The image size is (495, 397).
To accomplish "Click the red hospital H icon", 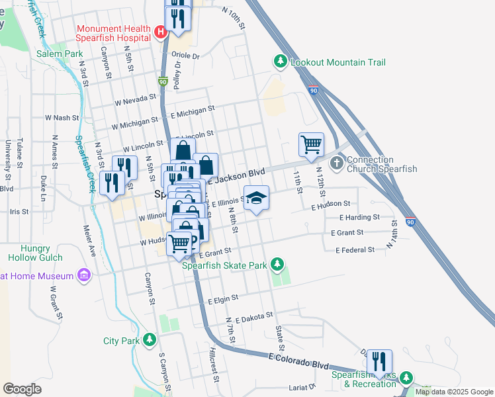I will point(159,32).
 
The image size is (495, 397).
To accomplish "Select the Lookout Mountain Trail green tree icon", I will point(281,62).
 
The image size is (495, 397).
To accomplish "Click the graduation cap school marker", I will point(256,198).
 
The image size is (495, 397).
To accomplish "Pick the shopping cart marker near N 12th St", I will point(311,144).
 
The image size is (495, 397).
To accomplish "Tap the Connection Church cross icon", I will point(336,163).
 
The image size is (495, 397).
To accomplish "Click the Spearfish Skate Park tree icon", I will point(278,265).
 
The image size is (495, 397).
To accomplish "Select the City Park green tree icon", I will point(150,341).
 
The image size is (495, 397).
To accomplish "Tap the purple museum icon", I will point(83,275).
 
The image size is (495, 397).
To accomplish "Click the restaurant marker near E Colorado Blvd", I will point(379,361).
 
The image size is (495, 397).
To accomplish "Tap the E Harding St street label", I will point(359,217).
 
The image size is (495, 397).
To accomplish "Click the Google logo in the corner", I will point(22,389).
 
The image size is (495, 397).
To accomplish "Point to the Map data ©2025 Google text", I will point(454,392).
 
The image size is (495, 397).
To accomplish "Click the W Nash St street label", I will point(62,117).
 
